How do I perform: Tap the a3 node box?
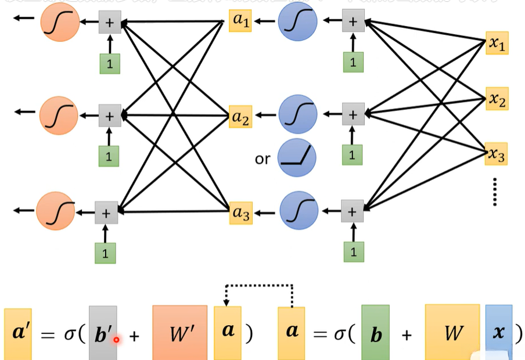[241, 214]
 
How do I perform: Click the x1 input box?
[497, 43]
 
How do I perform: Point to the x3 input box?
[497, 154]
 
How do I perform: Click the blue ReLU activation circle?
[297, 159]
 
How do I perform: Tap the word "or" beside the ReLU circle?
[262, 159]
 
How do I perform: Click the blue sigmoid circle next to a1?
[297, 22]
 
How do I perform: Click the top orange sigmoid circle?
[60, 22]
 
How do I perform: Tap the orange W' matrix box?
[180, 331]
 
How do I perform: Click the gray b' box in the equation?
[103, 331]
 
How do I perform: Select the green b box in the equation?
[375, 332]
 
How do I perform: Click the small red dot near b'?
[117, 339]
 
